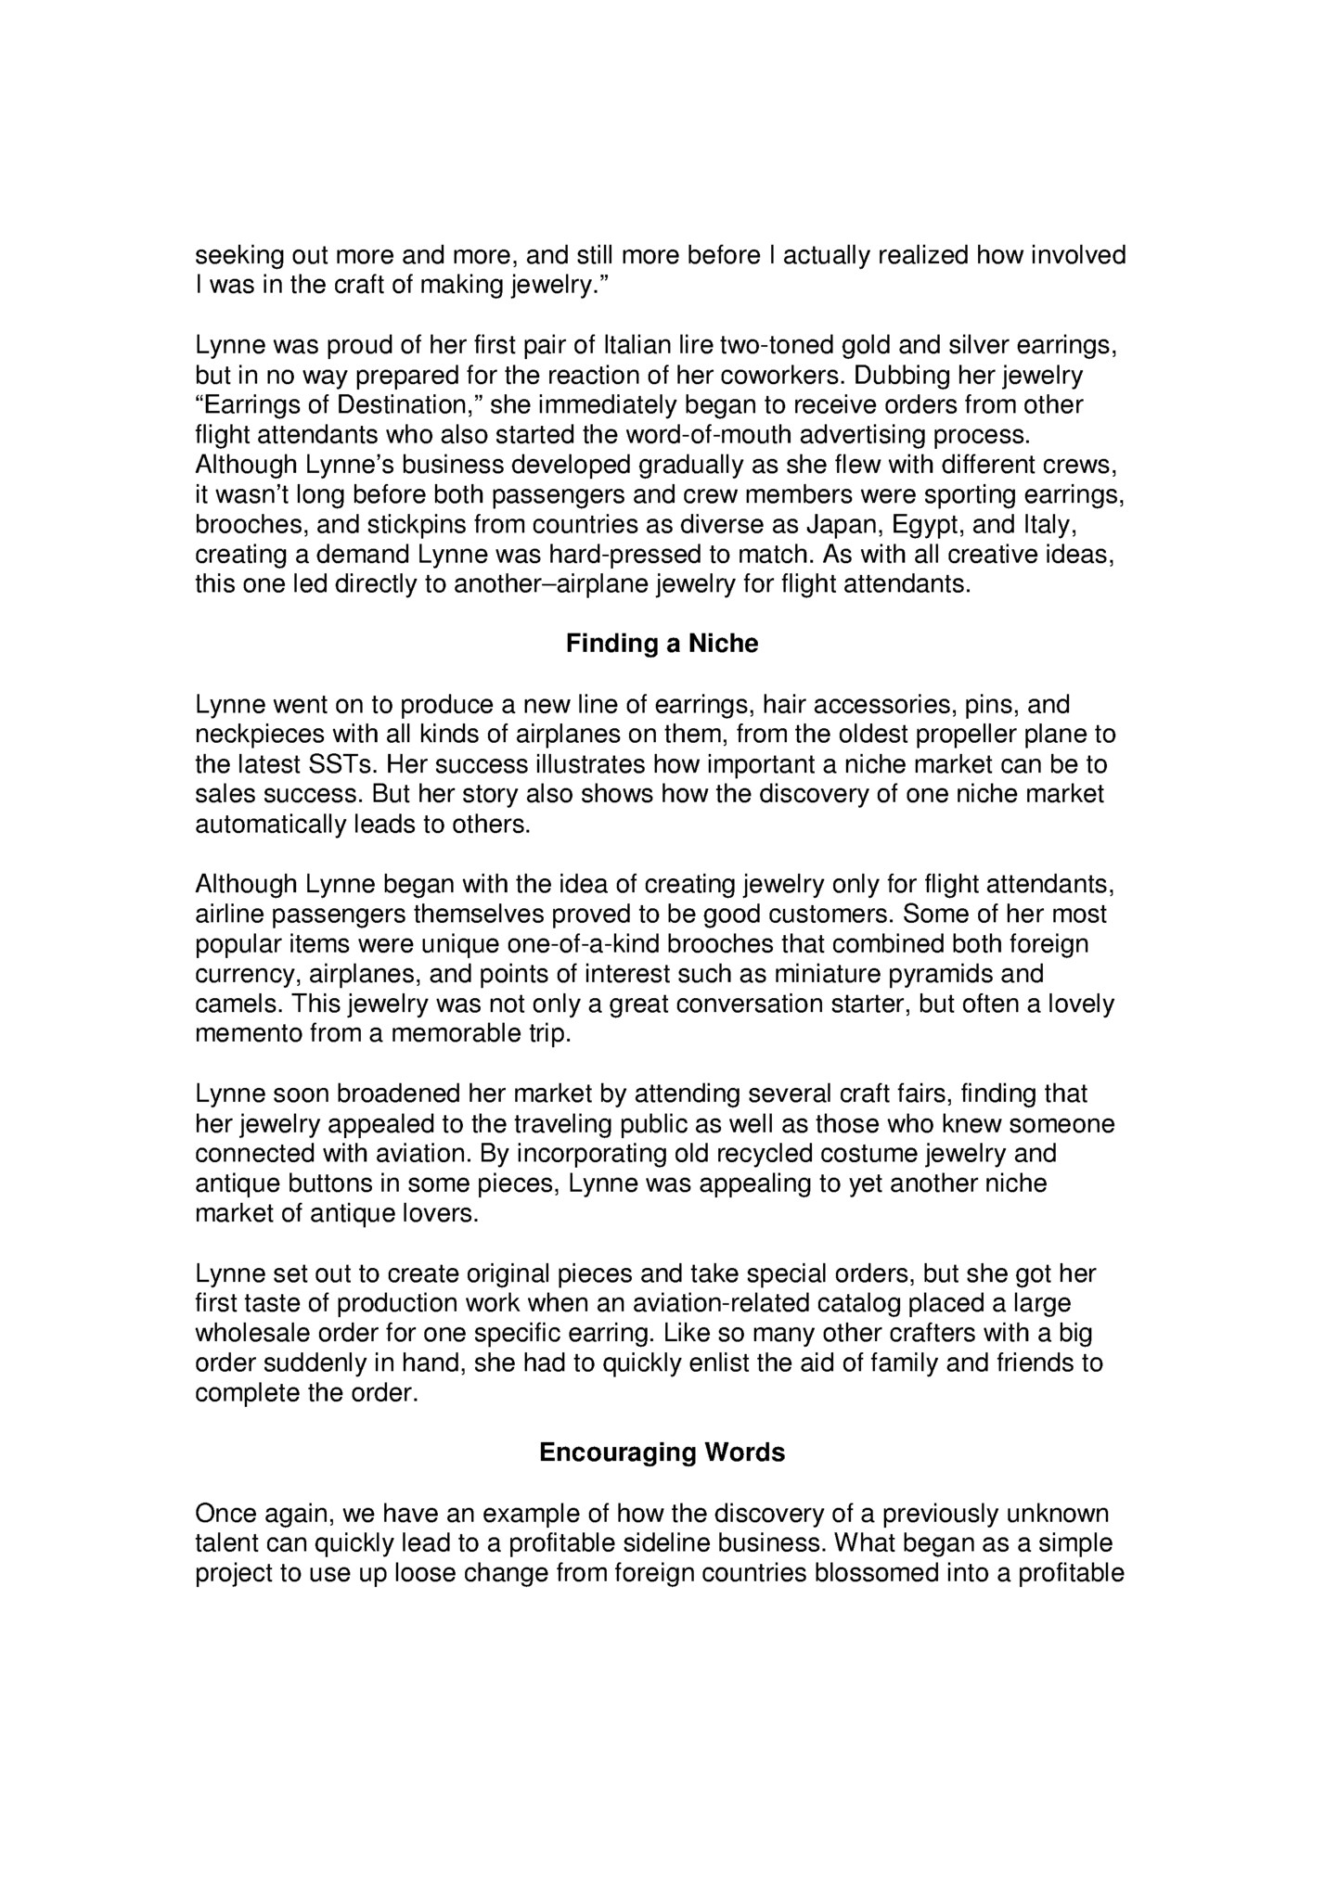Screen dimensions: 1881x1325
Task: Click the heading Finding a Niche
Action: point(662,644)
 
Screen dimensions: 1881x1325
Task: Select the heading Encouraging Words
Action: point(662,1452)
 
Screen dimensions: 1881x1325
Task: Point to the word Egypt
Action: point(927,525)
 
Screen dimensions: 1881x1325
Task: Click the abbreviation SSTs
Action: point(341,765)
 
